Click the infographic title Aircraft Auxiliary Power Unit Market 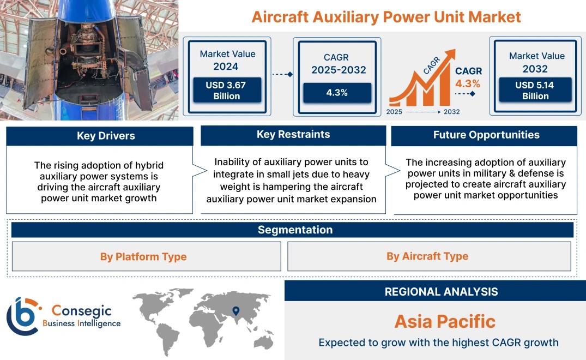coord(386,17)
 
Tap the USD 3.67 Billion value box coord(227,90)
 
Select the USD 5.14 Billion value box coord(535,90)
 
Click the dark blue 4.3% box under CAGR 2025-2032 coord(337,93)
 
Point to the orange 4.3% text coord(468,83)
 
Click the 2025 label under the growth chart coord(394,112)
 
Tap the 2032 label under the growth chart coord(451,112)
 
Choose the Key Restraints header coord(293,135)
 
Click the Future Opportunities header coord(485,135)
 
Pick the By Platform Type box coord(147,256)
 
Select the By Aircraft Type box coord(429,256)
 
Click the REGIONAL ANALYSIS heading coord(442,292)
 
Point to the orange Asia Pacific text coord(445,321)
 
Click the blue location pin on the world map coord(236,311)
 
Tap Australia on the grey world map coord(263,341)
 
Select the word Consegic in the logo coord(81,310)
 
